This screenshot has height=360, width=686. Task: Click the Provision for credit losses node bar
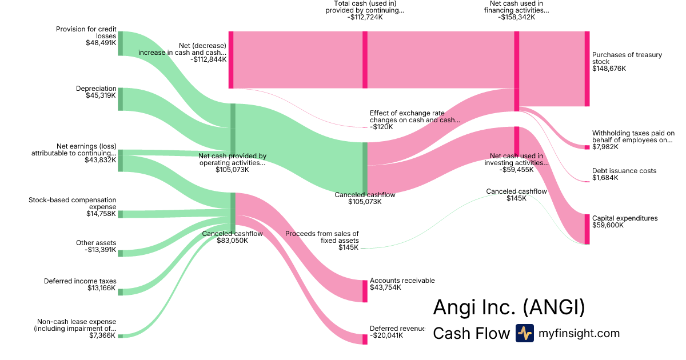pos(120,43)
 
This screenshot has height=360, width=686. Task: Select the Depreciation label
pos(96,89)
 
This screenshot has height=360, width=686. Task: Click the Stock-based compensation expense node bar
pos(120,214)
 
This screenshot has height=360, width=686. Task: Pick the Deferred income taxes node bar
pos(120,291)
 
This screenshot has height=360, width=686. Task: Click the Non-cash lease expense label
pos(77,325)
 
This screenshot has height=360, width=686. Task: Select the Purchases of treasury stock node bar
pos(587,69)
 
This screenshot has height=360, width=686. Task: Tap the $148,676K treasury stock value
pos(609,69)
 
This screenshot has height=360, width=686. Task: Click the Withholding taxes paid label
pos(633,137)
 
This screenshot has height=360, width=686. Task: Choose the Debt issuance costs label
pos(624,171)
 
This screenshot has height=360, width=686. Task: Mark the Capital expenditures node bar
pos(587,229)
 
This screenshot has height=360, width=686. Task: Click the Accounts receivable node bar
pos(365,291)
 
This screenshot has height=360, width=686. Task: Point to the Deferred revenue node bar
pos(365,339)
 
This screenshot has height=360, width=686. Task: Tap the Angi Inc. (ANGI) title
pos(509,307)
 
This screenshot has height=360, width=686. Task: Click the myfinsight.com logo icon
pos(524,333)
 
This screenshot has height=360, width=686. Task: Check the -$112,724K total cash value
pos(365,17)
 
